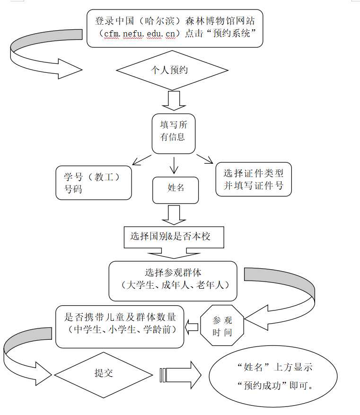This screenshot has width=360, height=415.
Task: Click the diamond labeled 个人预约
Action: tap(172, 71)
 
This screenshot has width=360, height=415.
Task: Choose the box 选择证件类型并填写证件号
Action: tap(254, 179)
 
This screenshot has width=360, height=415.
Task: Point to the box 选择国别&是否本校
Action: tap(173, 236)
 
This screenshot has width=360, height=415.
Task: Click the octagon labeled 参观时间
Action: tap(222, 326)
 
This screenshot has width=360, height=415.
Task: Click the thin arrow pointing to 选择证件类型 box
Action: tap(205, 159)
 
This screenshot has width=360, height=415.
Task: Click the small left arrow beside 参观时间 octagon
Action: tap(192, 326)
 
